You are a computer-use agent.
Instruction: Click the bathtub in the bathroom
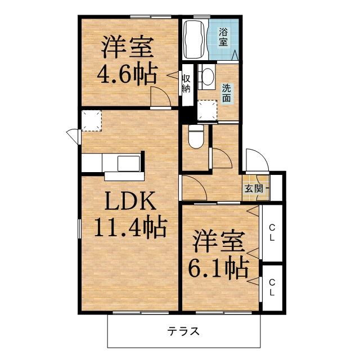click(x=195, y=39)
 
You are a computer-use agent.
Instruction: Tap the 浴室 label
click(x=223, y=37)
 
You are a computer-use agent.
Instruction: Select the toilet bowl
click(x=196, y=136)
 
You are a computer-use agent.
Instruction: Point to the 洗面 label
click(x=226, y=93)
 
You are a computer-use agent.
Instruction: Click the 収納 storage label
click(x=186, y=84)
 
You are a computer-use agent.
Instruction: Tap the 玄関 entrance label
click(x=254, y=189)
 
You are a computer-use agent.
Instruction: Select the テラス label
click(x=183, y=331)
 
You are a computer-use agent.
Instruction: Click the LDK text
click(x=130, y=201)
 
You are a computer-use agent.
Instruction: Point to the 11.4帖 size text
click(x=130, y=227)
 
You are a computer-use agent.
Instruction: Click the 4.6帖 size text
click(x=128, y=74)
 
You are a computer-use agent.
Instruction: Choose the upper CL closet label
click(x=272, y=232)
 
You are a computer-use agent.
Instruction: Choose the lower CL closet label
click(x=272, y=287)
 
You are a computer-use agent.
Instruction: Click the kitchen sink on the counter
click(x=129, y=164)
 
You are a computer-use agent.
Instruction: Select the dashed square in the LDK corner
click(x=92, y=121)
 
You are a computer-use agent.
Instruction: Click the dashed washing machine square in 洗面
click(x=208, y=110)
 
